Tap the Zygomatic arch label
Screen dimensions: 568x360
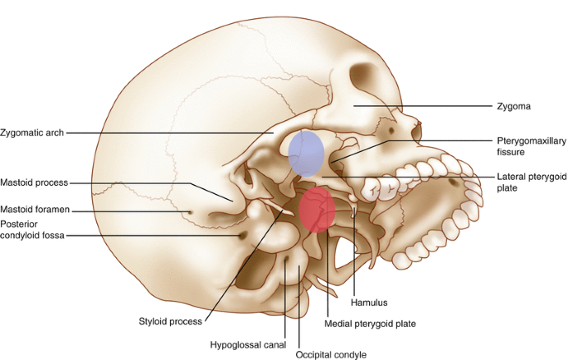(x=32, y=132)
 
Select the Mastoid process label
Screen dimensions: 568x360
(x=33, y=182)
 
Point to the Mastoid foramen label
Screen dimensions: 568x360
(x=33, y=210)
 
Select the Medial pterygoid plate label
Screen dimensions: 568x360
(x=369, y=324)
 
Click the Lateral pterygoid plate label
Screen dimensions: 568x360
(x=531, y=182)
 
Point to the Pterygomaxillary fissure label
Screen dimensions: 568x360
(x=530, y=146)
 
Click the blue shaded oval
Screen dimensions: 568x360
(x=306, y=153)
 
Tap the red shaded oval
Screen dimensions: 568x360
(x=317, y=211)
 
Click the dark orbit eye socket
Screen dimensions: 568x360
(x=364, y=82)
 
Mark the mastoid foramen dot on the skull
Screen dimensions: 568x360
(x=192, y=212)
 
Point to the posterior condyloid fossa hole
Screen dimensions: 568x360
(x=242, y=236)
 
